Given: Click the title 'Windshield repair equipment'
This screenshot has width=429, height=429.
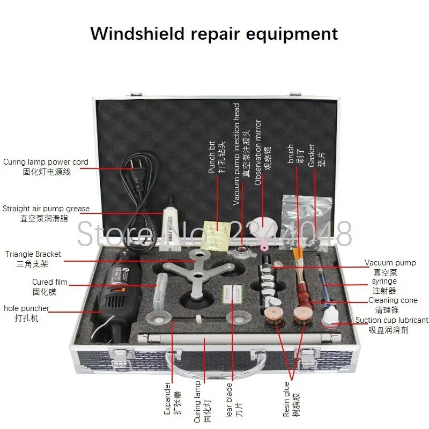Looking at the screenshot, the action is click(x=214, y=33).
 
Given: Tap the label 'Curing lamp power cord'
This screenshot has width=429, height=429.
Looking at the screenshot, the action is click(x=46, y=162).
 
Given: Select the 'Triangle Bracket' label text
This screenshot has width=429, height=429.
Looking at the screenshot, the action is click(x=33, y=254).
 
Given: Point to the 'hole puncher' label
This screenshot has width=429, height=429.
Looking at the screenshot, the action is click(x=26, y=308).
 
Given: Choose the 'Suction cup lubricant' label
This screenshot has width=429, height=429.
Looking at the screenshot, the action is click(x=391, y=320).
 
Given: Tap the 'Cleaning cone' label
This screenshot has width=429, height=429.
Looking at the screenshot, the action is click(x=393, y=300).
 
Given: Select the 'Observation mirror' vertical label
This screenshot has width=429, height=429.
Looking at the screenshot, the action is click(x=258, y=152).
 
